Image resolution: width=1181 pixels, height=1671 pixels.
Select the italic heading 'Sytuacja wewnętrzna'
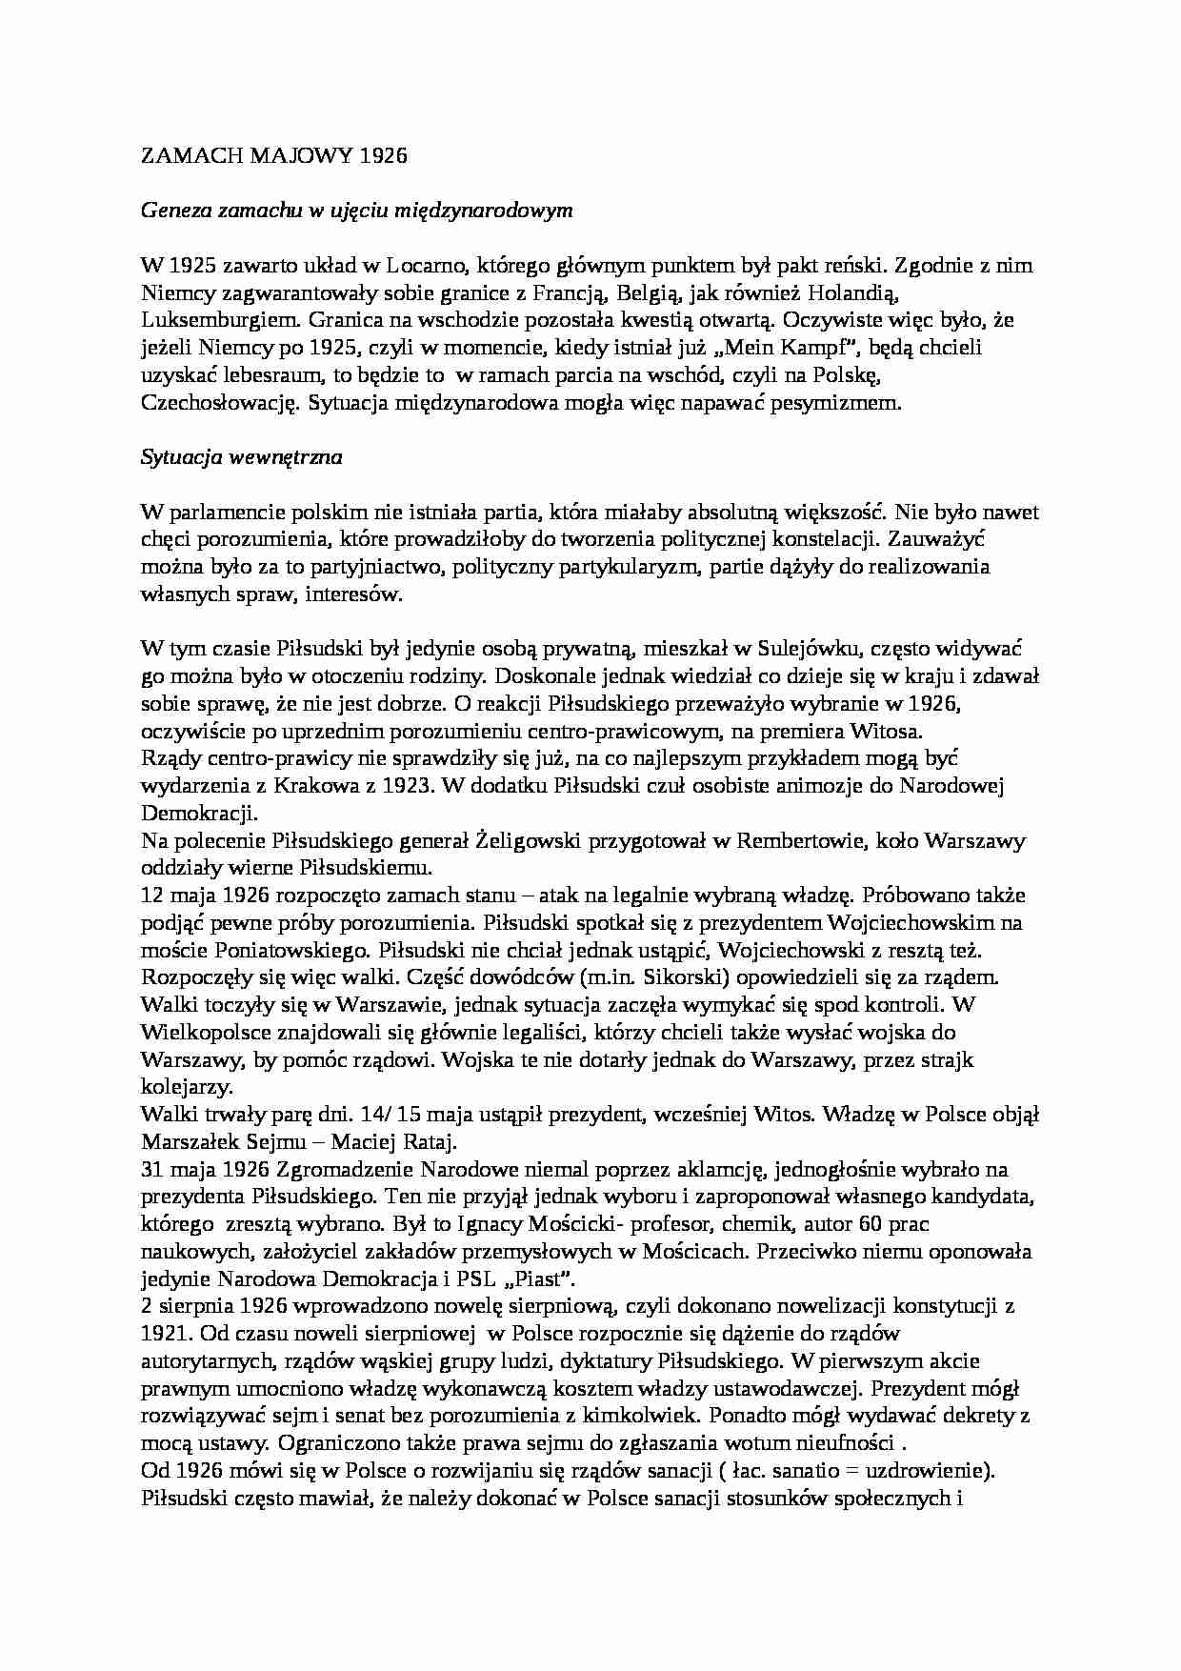[241, 456]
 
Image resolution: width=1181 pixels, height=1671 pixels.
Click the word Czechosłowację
[220, 403]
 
